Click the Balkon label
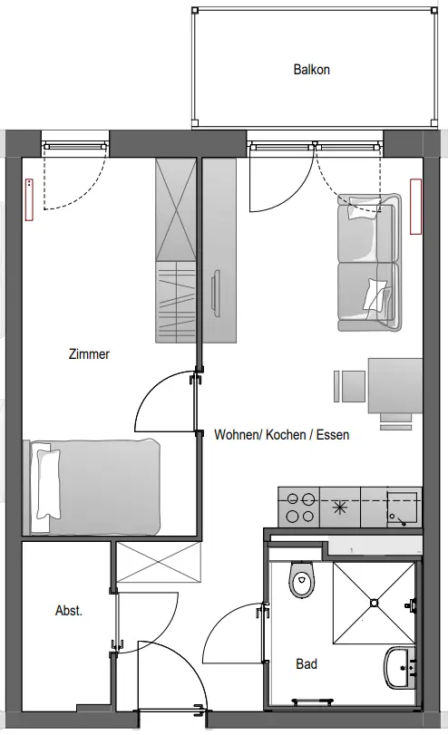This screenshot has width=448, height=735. [x=311, y=70]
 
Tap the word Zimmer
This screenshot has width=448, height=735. [x=89, y=353]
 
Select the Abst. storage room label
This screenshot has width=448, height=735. [x=69, y=611]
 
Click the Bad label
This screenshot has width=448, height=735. [x=307, y=663]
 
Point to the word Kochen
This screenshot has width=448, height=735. [x=286, y=434]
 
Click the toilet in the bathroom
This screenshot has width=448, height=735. [x=300, y=580]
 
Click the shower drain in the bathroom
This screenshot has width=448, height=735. [x=374, y=603]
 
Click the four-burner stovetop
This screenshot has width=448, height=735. [x=299, y=508]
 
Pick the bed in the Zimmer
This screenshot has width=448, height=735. [x=92, y=487]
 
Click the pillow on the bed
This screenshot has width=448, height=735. [x=48, y=484]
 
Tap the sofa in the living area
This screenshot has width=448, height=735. [x=369, y=263]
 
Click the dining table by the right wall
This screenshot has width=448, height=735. [x=395, y=386]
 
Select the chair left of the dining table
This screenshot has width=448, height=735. [x=350, y=386]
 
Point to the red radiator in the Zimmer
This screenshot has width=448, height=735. [x=30, y=199]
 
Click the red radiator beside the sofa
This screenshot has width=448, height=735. [x=415, y=206]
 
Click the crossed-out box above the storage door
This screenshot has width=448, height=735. [x=159, y=562]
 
